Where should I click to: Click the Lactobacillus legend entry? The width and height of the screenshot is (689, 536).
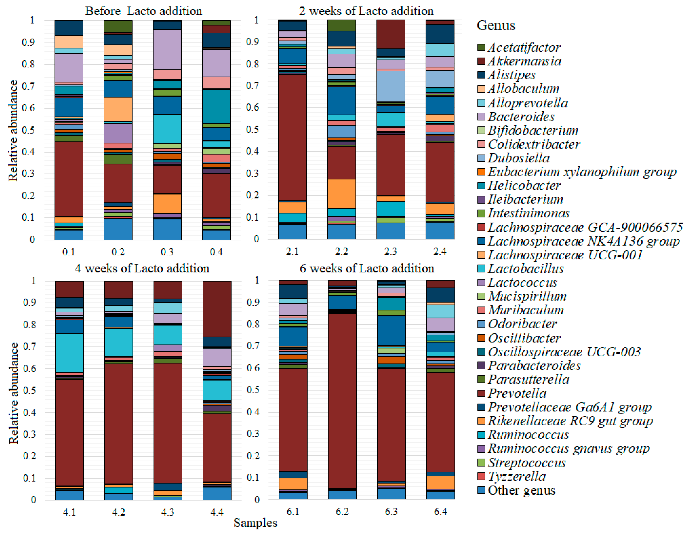click(525, 269)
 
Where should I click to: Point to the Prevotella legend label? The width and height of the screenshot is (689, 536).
click(517, 393)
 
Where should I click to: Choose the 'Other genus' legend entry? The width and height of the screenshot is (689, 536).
click(521, 490)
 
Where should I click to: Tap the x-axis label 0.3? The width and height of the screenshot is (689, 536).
click(167, 252)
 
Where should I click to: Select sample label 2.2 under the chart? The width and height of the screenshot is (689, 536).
click(341, 251)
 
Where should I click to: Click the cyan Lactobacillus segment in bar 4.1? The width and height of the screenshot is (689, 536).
click(69, 353)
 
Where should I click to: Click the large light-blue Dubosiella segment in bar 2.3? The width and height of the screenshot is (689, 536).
click(391, 86)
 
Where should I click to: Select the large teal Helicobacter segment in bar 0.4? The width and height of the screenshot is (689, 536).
click(216, 107)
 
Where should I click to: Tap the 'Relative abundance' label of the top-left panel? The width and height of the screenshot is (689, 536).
click(13, 131)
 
